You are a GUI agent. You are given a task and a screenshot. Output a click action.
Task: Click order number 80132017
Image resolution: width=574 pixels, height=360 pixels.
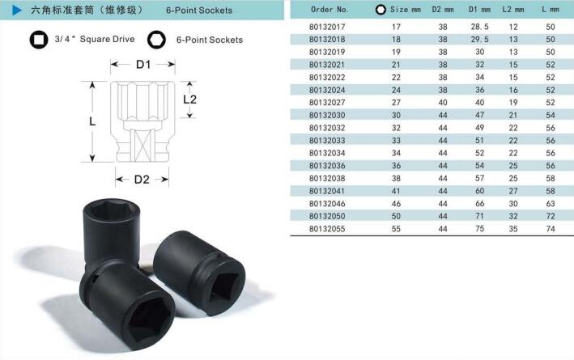click(x=327, y=27)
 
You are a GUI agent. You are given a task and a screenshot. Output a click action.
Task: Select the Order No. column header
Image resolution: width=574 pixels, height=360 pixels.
click(x=330, y=10)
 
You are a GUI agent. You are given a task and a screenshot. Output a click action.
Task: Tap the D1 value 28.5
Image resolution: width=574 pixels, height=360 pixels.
click(x=479, y=27)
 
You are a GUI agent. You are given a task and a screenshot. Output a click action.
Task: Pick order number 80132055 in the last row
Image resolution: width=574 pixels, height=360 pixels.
click(x=327, y=229)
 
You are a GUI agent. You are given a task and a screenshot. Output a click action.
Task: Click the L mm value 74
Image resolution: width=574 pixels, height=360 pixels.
click(x=551, y=229)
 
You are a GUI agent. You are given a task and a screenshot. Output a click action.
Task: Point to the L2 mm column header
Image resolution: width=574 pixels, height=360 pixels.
click(x=512, y=10)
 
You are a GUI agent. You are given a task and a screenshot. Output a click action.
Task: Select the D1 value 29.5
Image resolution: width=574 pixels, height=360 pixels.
click(x=479, y=39)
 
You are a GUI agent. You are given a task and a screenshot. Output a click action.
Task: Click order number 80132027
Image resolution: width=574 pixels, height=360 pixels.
click(x=327, y=103)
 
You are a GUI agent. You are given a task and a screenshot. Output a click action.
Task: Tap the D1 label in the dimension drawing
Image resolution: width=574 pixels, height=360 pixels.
click(x=143, y=65)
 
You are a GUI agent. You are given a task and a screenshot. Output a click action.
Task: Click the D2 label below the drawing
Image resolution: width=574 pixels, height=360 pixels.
click(x=142, y=180)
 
